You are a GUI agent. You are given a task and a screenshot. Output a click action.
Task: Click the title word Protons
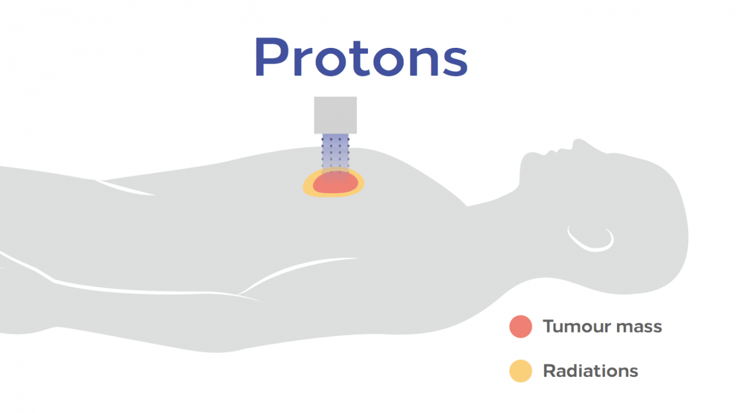(x=361, y=56)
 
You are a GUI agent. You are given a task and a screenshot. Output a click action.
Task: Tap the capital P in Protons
(x=272, y=56)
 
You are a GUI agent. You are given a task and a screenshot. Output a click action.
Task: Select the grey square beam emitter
(x=335, y=115)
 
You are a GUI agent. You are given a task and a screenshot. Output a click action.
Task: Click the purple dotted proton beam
(x=335, y=155)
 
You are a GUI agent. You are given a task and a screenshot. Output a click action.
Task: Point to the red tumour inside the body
(x=335, y=183)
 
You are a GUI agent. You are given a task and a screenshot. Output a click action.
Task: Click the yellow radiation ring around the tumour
(x=307, y=187)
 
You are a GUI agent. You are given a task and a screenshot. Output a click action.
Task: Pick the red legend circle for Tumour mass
(x=521, y=326)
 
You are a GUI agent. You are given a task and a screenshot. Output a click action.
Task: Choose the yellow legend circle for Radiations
(x=521, y=371)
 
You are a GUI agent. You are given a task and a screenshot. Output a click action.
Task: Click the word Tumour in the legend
(x=577, y=326)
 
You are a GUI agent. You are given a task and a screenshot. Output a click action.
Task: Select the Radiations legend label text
(x=591, y=371)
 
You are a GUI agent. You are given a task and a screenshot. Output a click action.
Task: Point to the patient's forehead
(x=624, y=158)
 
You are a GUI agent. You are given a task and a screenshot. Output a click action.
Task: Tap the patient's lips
(x=553, y=151)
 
